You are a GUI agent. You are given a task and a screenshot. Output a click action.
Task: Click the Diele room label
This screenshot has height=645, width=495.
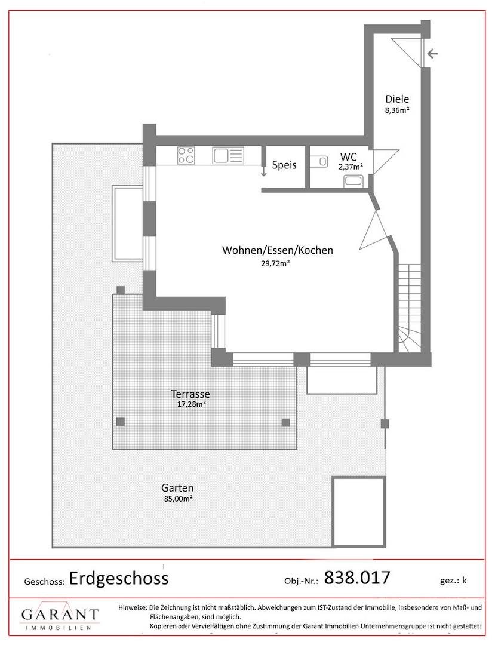(397, 99)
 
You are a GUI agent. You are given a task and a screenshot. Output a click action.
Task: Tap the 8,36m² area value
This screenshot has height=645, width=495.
(397, 110)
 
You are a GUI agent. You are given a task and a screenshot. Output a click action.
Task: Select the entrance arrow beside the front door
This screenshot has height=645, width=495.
(432, 54)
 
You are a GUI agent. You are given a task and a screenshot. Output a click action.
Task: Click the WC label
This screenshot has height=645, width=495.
(349, 156)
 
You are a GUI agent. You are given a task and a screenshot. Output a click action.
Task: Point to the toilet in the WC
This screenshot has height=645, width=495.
(319, 162)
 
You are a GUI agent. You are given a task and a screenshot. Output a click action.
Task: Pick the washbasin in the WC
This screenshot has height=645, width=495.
(353, 180)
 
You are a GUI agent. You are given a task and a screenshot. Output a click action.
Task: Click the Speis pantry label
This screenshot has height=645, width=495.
(284, 165)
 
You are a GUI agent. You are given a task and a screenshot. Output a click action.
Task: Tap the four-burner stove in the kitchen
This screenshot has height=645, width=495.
(186, 155)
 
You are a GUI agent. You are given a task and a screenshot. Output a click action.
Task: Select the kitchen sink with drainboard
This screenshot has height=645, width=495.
(228, 155)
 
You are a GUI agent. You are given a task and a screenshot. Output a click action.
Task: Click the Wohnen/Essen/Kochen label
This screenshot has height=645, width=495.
(278, 250)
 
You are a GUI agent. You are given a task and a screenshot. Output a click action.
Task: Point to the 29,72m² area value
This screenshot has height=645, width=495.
(275, 264)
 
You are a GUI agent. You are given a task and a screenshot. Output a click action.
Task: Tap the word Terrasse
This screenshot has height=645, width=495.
(190, 394)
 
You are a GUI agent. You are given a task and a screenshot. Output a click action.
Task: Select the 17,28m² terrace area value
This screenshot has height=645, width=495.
(191, 404)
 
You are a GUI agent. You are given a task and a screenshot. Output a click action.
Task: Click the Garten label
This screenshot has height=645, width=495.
(177, 489)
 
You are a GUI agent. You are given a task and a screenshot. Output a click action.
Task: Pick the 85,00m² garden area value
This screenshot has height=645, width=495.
(178, 499)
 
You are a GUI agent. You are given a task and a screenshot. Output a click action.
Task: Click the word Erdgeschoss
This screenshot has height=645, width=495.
(119, 578)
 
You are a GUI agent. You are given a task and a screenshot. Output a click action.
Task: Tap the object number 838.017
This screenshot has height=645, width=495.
(357, 578)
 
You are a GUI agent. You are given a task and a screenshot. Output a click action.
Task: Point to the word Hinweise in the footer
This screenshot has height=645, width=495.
(132, 607)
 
